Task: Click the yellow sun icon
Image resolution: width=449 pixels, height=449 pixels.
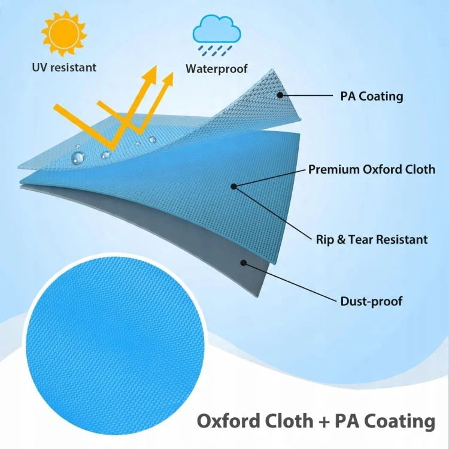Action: tap(64, 34)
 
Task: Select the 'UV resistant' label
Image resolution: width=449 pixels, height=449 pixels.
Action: tap(64, 68)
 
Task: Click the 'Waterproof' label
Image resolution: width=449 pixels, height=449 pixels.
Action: tap(217, 69)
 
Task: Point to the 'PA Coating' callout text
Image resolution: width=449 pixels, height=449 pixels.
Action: tap(372, 96)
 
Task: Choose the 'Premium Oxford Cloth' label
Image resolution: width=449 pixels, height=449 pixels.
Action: tap(372, 169)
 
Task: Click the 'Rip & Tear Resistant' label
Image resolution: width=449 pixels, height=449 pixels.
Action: tap(372, 239)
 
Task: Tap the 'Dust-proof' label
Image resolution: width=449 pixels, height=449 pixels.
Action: tap(371, 301)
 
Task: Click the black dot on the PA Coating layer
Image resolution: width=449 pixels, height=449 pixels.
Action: tap(280, 95)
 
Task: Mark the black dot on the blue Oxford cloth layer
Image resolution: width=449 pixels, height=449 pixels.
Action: tap(233, 186)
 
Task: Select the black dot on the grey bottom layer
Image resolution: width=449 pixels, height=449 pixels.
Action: tap(244, 263)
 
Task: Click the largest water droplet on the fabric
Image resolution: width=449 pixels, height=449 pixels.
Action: tap(78, 157)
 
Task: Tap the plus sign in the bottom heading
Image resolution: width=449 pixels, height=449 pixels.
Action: tap(323, 421)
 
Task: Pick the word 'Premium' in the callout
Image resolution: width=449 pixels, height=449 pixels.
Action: tap(333, 169)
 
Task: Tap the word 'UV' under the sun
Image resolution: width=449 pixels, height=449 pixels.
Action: tap(39, 68)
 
